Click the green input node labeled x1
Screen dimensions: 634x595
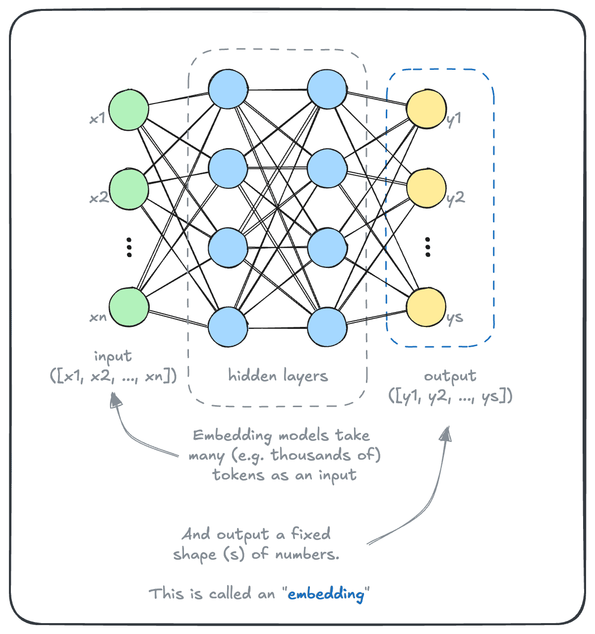pyautogui.click(x=129, y=109)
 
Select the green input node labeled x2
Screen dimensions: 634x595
pyautogui.click(x=129, y=189)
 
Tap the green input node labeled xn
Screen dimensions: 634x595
pyautogui.click(x=129, y=307)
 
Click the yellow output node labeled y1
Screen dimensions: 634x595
pyautogui.click(x=426, y=109)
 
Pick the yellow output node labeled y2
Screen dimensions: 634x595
pyautogui.click(x=426, y=188)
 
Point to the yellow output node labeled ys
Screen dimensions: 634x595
pyautogui.click(x=426, y=307)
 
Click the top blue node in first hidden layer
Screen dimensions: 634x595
pyautogui.click(x=228, y=89)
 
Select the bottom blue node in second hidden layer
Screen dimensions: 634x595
pyautogui.click(x=327, y=327)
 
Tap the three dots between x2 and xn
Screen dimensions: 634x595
pyautogui.click(x=129, y=247)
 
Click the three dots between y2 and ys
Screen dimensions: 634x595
pyautogui.click(x=427, y=247)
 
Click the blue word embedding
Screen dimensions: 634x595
pyautogui.click(x=326, y=594)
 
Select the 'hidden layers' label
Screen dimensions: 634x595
pyautogui.click(x=278, y=376)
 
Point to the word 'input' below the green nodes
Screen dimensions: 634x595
pyautogui.click(x=113, y=356)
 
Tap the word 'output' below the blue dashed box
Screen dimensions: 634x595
pyautogui.click(x=450, y=376)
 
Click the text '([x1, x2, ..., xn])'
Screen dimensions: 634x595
pyautogui.click(x=113, y=376)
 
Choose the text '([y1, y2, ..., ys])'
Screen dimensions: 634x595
pyautogui.click(x=450, y=397)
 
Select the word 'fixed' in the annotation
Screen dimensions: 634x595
pyautogui.click(x=310, y=534)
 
